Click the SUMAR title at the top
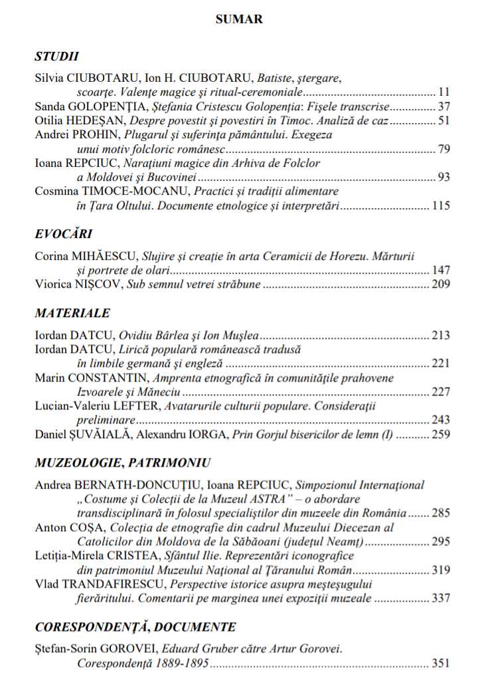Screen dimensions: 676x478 coord(239,19)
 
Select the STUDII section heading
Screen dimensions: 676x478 coord(57,56)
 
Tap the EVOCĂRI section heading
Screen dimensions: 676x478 coord(63,233)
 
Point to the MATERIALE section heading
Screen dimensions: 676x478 coord(72,312)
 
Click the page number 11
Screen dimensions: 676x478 coord(445,91)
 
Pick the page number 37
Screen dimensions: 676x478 coord(445,106)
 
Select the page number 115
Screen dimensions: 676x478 coord(441,207)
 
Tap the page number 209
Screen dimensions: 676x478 coord(441,285)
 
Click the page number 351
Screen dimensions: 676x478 coord(441,663)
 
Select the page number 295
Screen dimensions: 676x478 coord(441,542)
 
